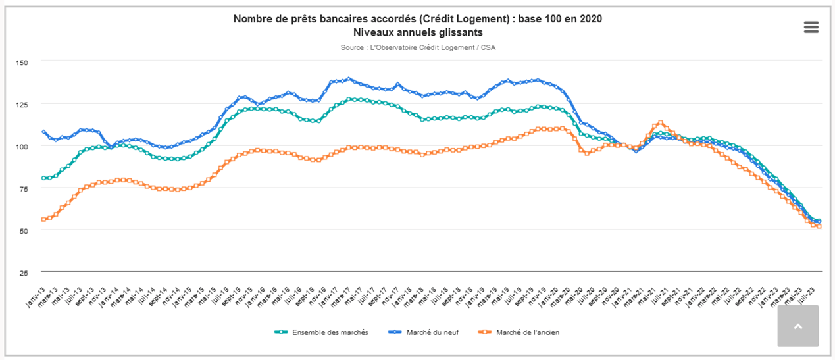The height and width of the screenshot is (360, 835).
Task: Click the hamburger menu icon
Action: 811,27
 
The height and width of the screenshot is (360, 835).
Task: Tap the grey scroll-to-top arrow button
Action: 797,326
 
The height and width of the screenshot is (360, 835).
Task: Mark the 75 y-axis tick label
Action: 23,188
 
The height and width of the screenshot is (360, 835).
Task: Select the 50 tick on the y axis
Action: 23,230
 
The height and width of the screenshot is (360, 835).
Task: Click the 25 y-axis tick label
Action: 23,272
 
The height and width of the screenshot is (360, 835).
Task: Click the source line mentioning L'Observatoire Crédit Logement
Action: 418,47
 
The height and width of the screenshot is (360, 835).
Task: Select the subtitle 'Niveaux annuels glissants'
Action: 418,32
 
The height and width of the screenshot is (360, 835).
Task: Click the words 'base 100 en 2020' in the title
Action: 560,19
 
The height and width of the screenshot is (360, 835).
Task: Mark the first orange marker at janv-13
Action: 43,219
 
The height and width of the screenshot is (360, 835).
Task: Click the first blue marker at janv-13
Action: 43,132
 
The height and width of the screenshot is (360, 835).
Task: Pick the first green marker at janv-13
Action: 43,178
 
